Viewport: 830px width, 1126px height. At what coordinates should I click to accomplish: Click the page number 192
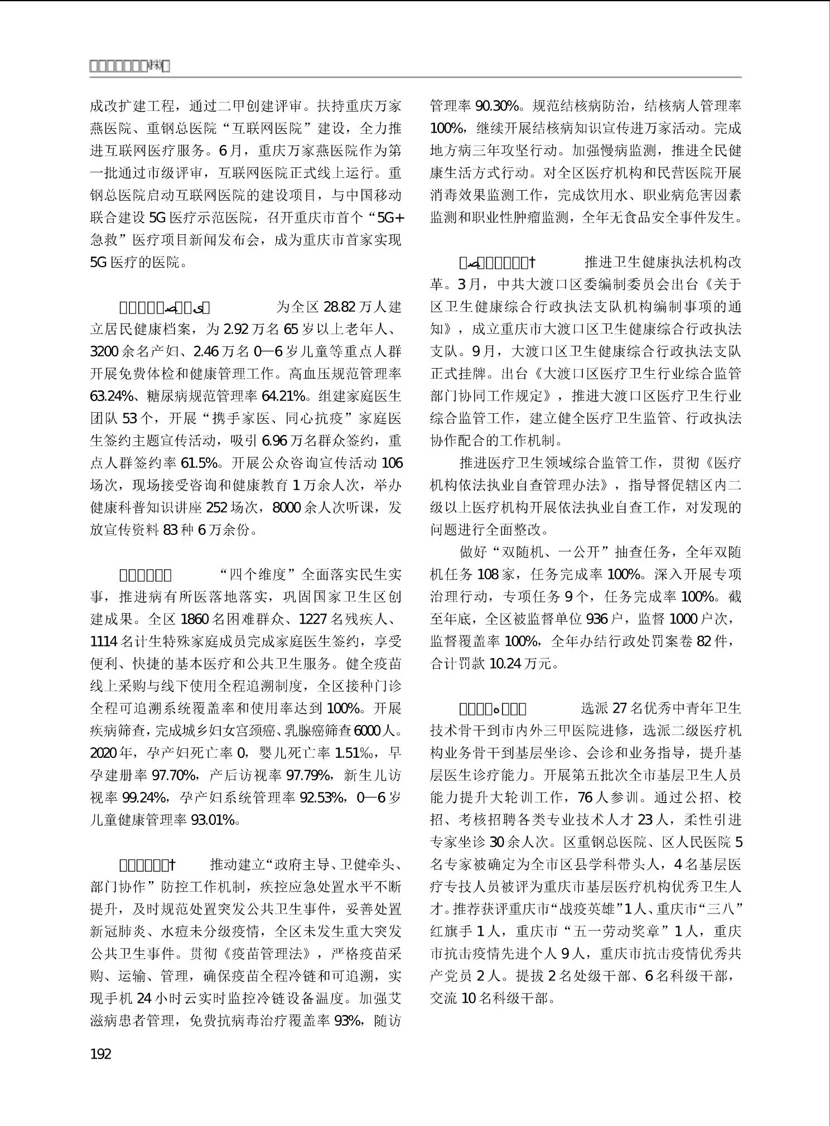pos(100,1054)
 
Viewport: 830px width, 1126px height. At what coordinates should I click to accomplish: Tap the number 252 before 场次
pos(218,508)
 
